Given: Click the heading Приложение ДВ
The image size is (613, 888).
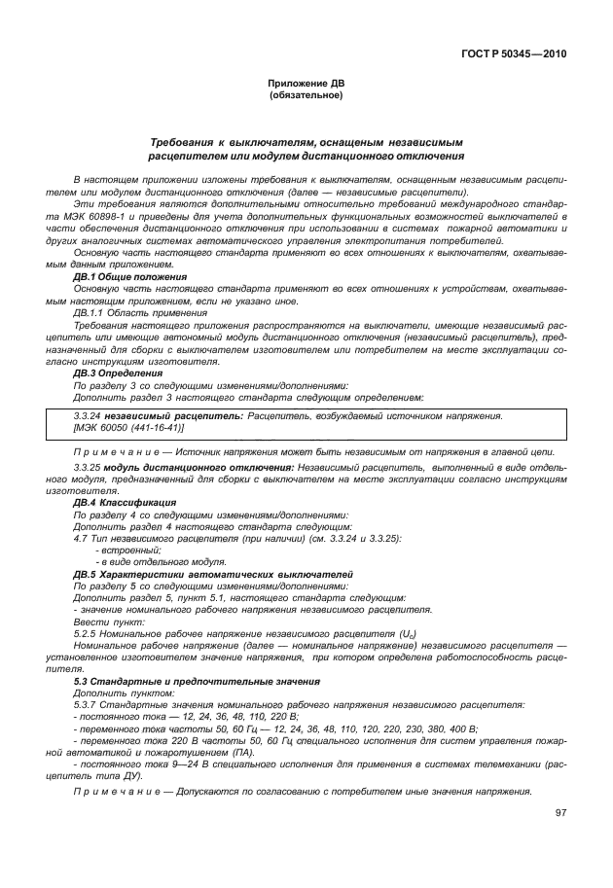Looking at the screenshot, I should coord(306,85).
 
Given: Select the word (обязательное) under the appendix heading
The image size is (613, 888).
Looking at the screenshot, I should coord(306,95).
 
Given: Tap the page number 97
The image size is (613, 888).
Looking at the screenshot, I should coord(560,812).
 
